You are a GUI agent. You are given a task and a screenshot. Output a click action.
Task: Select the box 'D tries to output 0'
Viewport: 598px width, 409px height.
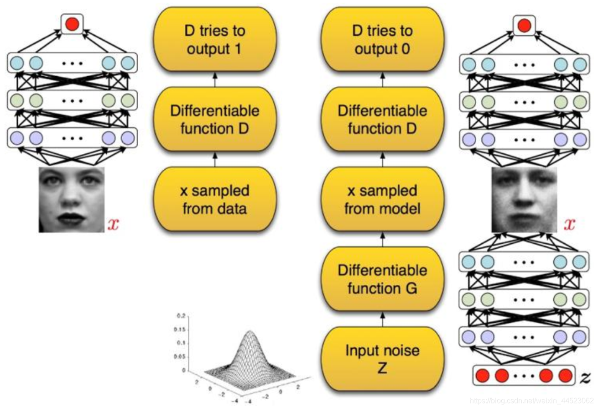click(x=383, y=40)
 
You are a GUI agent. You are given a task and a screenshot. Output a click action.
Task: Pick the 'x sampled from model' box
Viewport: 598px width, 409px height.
click(x=383, y=199)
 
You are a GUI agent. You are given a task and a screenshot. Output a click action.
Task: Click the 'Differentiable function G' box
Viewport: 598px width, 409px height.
click(x=383, y=279)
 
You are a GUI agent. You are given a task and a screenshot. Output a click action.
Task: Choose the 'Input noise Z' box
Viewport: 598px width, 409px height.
click(x=383, y=358)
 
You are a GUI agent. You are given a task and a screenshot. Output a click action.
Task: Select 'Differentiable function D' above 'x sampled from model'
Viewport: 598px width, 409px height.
click(x=383, y=120)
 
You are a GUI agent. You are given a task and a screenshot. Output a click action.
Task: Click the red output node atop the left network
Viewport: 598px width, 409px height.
click(x=72, y=24)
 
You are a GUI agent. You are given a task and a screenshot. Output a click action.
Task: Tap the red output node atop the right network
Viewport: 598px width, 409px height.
click(x=525, y=24)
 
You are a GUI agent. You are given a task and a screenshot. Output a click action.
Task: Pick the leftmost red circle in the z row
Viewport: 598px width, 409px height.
click(x=483, y=376)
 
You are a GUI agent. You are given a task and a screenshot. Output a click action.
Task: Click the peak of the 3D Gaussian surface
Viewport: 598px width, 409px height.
click(x=250, y=331)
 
